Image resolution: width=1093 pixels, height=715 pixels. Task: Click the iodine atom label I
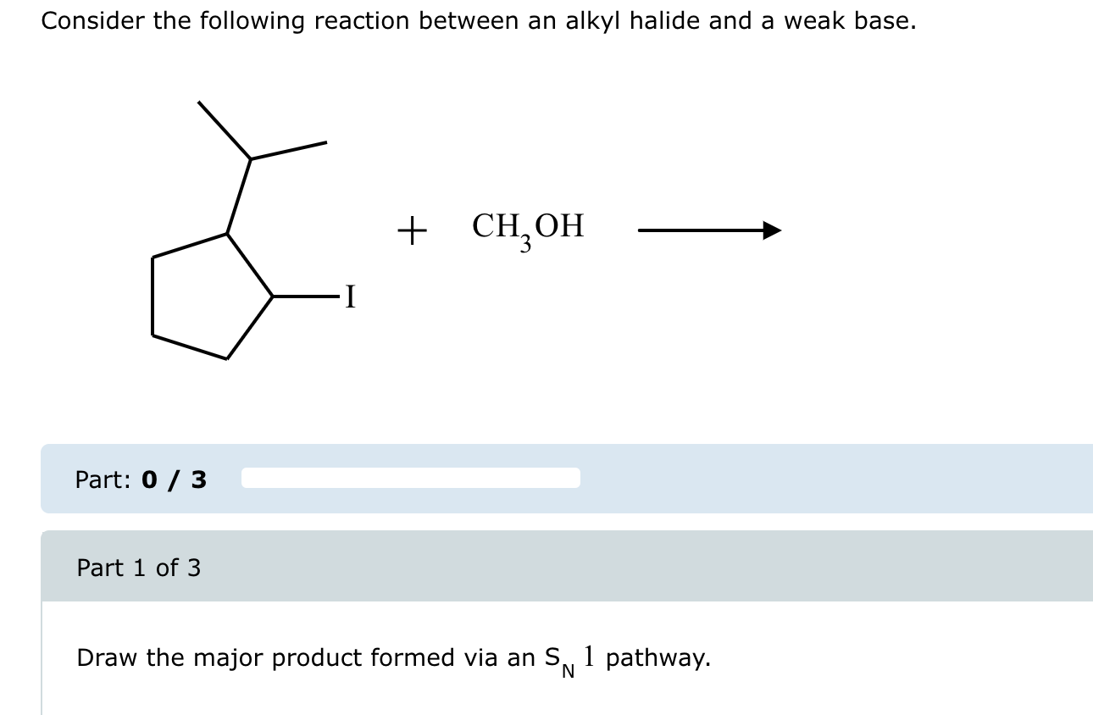(351, 297)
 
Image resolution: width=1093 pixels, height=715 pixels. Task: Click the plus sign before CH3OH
(412, 230)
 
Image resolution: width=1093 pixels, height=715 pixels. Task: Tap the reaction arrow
(708, 230)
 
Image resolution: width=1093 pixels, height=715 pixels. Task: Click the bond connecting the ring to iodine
(305, 297)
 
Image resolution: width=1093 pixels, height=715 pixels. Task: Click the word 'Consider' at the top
(93, 21)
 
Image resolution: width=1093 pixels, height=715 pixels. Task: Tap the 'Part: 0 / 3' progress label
(141, 479)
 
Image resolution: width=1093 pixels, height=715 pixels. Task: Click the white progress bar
(411, 478)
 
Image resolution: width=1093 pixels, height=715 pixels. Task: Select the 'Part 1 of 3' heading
(139, 568)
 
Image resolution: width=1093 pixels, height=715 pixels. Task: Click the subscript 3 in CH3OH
(525, 246)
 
